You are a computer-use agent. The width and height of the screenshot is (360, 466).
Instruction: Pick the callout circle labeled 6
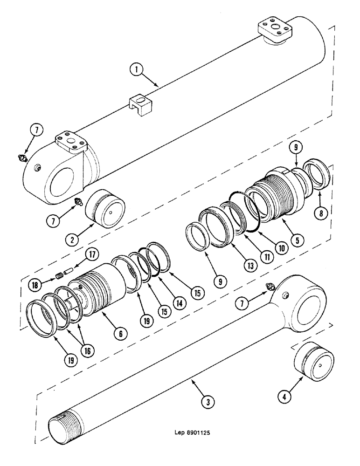coord(120,333)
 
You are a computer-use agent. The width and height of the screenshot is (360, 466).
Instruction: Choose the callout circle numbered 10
coord(280,248)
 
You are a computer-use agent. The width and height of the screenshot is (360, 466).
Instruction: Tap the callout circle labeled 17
coord(92,255)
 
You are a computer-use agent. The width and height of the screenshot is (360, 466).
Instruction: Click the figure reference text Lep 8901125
coord(189,432)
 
